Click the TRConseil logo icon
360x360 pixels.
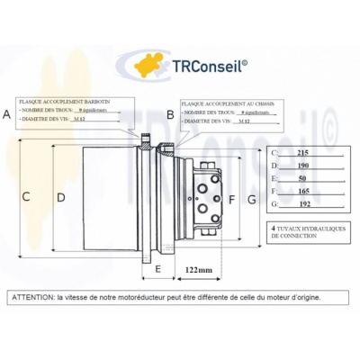149,65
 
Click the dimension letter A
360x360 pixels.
7,114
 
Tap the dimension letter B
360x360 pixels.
170,114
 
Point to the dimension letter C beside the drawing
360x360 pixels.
26,196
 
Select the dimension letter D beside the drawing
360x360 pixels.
60,196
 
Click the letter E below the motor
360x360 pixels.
157,268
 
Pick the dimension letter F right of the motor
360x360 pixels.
231,198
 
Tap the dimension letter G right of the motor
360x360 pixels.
252,198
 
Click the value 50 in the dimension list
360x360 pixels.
302,179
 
